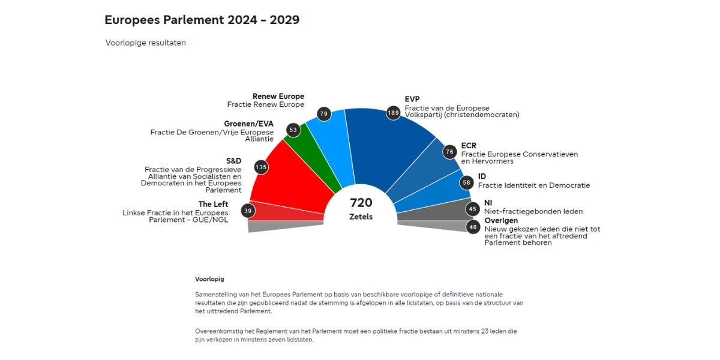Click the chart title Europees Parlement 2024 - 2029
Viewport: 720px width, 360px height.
coord(202,20)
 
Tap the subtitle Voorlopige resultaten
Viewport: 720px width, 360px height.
coord(145,43)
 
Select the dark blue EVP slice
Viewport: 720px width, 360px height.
coord(384,150)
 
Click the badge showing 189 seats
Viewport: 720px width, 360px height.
coord(393,113)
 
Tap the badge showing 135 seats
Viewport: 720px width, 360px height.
coord(260,167)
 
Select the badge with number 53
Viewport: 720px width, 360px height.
coord(293,130)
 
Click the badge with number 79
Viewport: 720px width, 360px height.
coord(324,113)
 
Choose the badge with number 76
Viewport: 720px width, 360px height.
coord(449,152)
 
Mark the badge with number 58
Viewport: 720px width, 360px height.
coord(466,181)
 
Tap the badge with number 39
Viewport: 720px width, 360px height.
coord(248,211)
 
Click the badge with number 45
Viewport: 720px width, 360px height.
coord(473,209)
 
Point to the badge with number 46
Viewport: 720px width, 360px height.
coord(473,227)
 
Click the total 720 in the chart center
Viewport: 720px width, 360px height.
coord(361,203)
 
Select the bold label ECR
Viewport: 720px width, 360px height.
coord(469,146)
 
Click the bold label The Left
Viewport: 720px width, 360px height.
coord(213,204)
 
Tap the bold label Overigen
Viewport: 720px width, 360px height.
coord(501,221)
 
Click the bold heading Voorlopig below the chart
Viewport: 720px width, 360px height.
coord(209,279)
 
